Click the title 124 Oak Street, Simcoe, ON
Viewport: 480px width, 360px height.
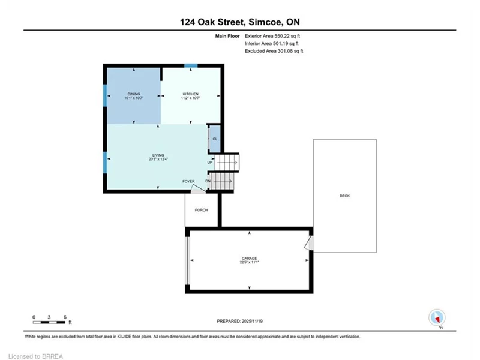coord(239,22)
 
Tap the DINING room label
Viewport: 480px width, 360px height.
coord(134,94)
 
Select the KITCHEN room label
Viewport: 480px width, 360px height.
coord(191,94)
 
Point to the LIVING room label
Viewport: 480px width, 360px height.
coord(158,155)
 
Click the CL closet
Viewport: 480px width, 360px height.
coord(215,139)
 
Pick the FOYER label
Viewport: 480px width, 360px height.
coord(188,181)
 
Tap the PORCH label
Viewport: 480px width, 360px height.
coord(201,210)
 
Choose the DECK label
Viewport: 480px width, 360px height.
coord(344,196)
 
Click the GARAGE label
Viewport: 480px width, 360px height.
coord(250,259)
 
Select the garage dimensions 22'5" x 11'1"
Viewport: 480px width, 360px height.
coord(250,262)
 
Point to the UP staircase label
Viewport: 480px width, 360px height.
coord(209,163)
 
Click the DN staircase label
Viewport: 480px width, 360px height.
coord(208,181)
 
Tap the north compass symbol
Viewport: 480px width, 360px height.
coord(437,318)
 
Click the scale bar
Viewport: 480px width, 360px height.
coord(49,322)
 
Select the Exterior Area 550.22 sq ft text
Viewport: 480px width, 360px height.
coord(272,36)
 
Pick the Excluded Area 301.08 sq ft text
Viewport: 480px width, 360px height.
coord(274,51)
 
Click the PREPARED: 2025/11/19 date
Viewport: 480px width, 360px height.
coord(239,321)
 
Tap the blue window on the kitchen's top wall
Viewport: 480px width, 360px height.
coord(191,65)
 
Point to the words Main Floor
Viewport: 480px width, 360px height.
coord(227,36)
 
